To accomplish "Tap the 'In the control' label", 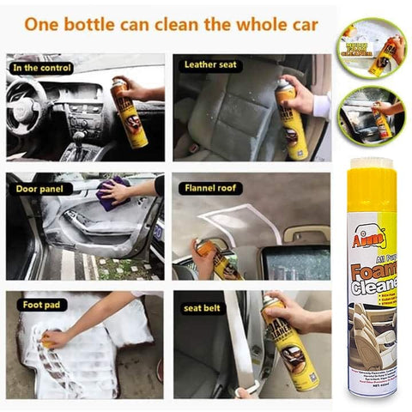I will click(43, 66).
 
